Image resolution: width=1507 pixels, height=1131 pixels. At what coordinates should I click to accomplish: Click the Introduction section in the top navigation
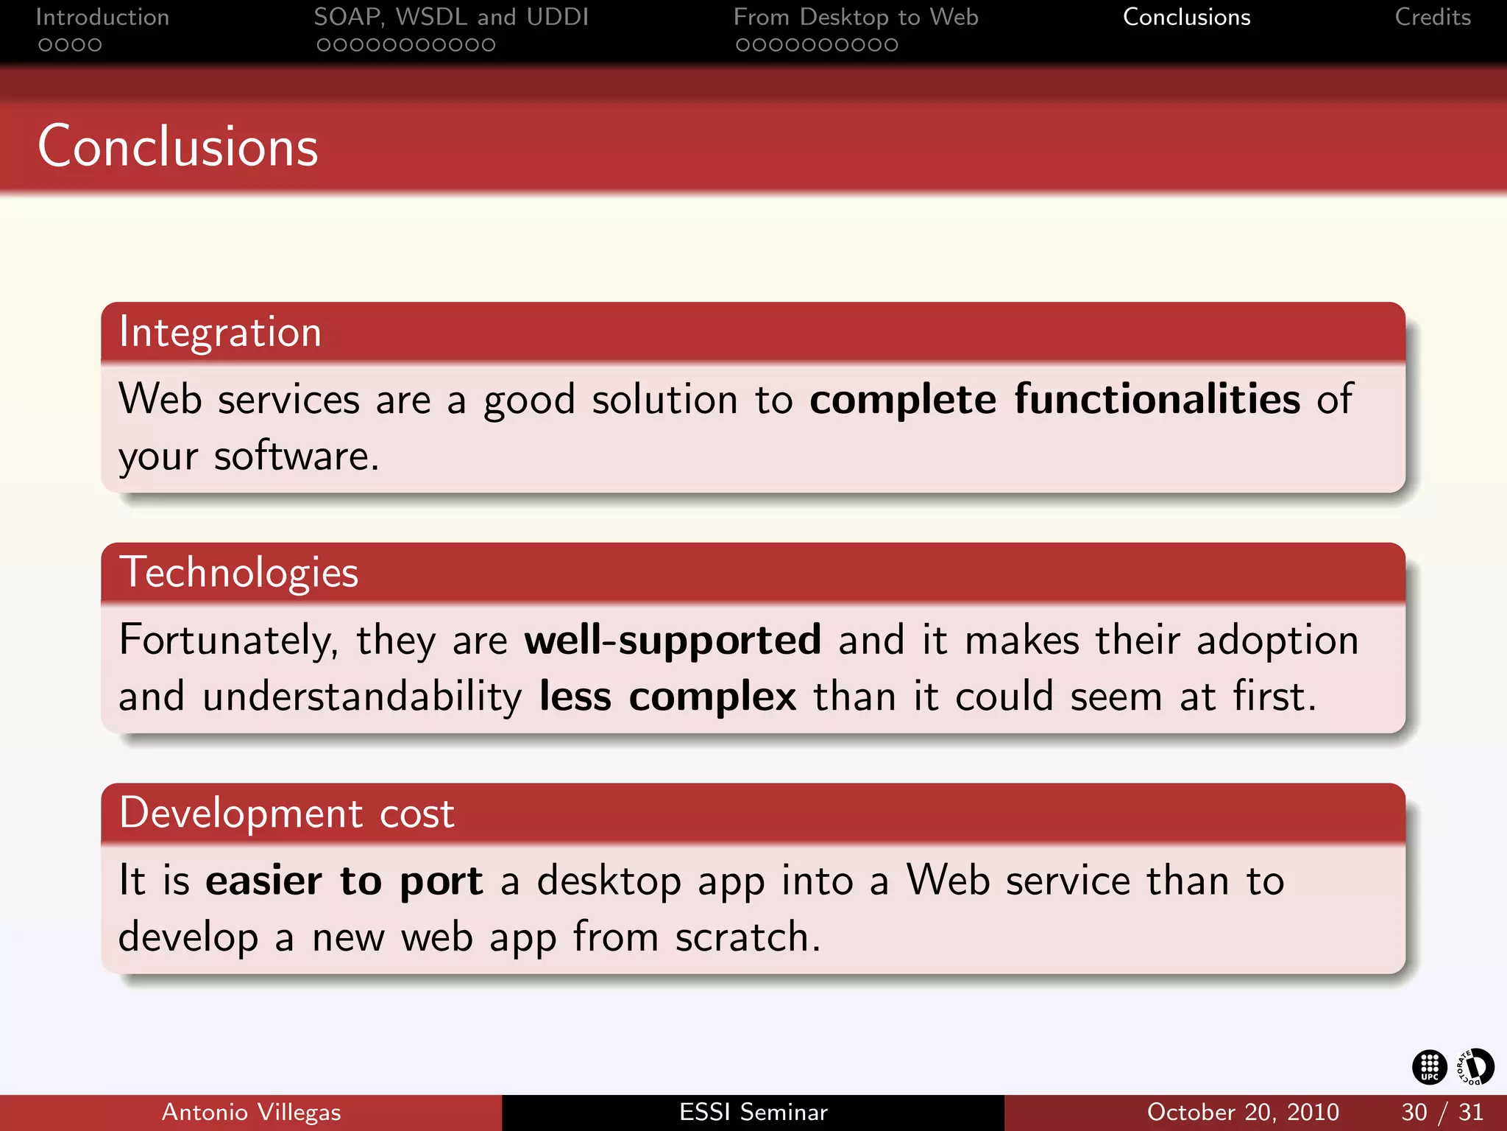[x=102, y=18]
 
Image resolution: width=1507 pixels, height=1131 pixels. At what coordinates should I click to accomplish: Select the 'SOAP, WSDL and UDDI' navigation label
[x=451, y=18]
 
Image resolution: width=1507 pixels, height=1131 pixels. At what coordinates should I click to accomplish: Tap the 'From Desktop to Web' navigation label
[x=856, y=18]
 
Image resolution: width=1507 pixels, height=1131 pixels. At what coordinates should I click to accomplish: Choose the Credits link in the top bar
[x=1433, y=18]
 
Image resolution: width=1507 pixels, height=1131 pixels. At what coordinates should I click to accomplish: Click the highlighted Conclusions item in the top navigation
[x=1186, y=18]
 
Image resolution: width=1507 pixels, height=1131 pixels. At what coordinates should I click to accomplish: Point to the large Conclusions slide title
[x=178, y=147]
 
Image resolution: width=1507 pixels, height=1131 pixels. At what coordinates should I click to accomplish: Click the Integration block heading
[x=220, y=332]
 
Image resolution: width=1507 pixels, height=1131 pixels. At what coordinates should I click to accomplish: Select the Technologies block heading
[x=239, y=573]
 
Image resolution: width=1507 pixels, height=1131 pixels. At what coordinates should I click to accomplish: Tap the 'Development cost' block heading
[x=287, y=814]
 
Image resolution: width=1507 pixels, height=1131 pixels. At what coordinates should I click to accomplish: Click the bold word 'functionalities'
[x=1157, y=399]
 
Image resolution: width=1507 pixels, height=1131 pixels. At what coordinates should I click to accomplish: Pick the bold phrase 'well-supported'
[x=672, y=639]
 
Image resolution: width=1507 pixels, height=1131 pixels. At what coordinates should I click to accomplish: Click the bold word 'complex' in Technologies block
[x=712, y=697]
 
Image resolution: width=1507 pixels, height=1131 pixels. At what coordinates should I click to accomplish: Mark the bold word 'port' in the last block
[x=441, y=881]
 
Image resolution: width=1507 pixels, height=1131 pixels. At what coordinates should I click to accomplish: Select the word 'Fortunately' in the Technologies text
[x=227, y=639]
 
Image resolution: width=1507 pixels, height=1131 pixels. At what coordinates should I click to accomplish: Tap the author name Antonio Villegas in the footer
[x=251, y=1112]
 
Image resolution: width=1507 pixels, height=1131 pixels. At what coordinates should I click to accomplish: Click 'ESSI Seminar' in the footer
[x=753, y=1112]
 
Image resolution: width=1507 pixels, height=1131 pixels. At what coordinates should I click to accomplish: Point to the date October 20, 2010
[x=1243, y=1112]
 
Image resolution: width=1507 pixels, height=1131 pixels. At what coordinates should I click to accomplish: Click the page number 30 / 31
[x=1442, y=1112]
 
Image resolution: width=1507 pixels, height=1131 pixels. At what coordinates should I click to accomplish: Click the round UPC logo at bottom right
[x=1429, y=1067]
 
